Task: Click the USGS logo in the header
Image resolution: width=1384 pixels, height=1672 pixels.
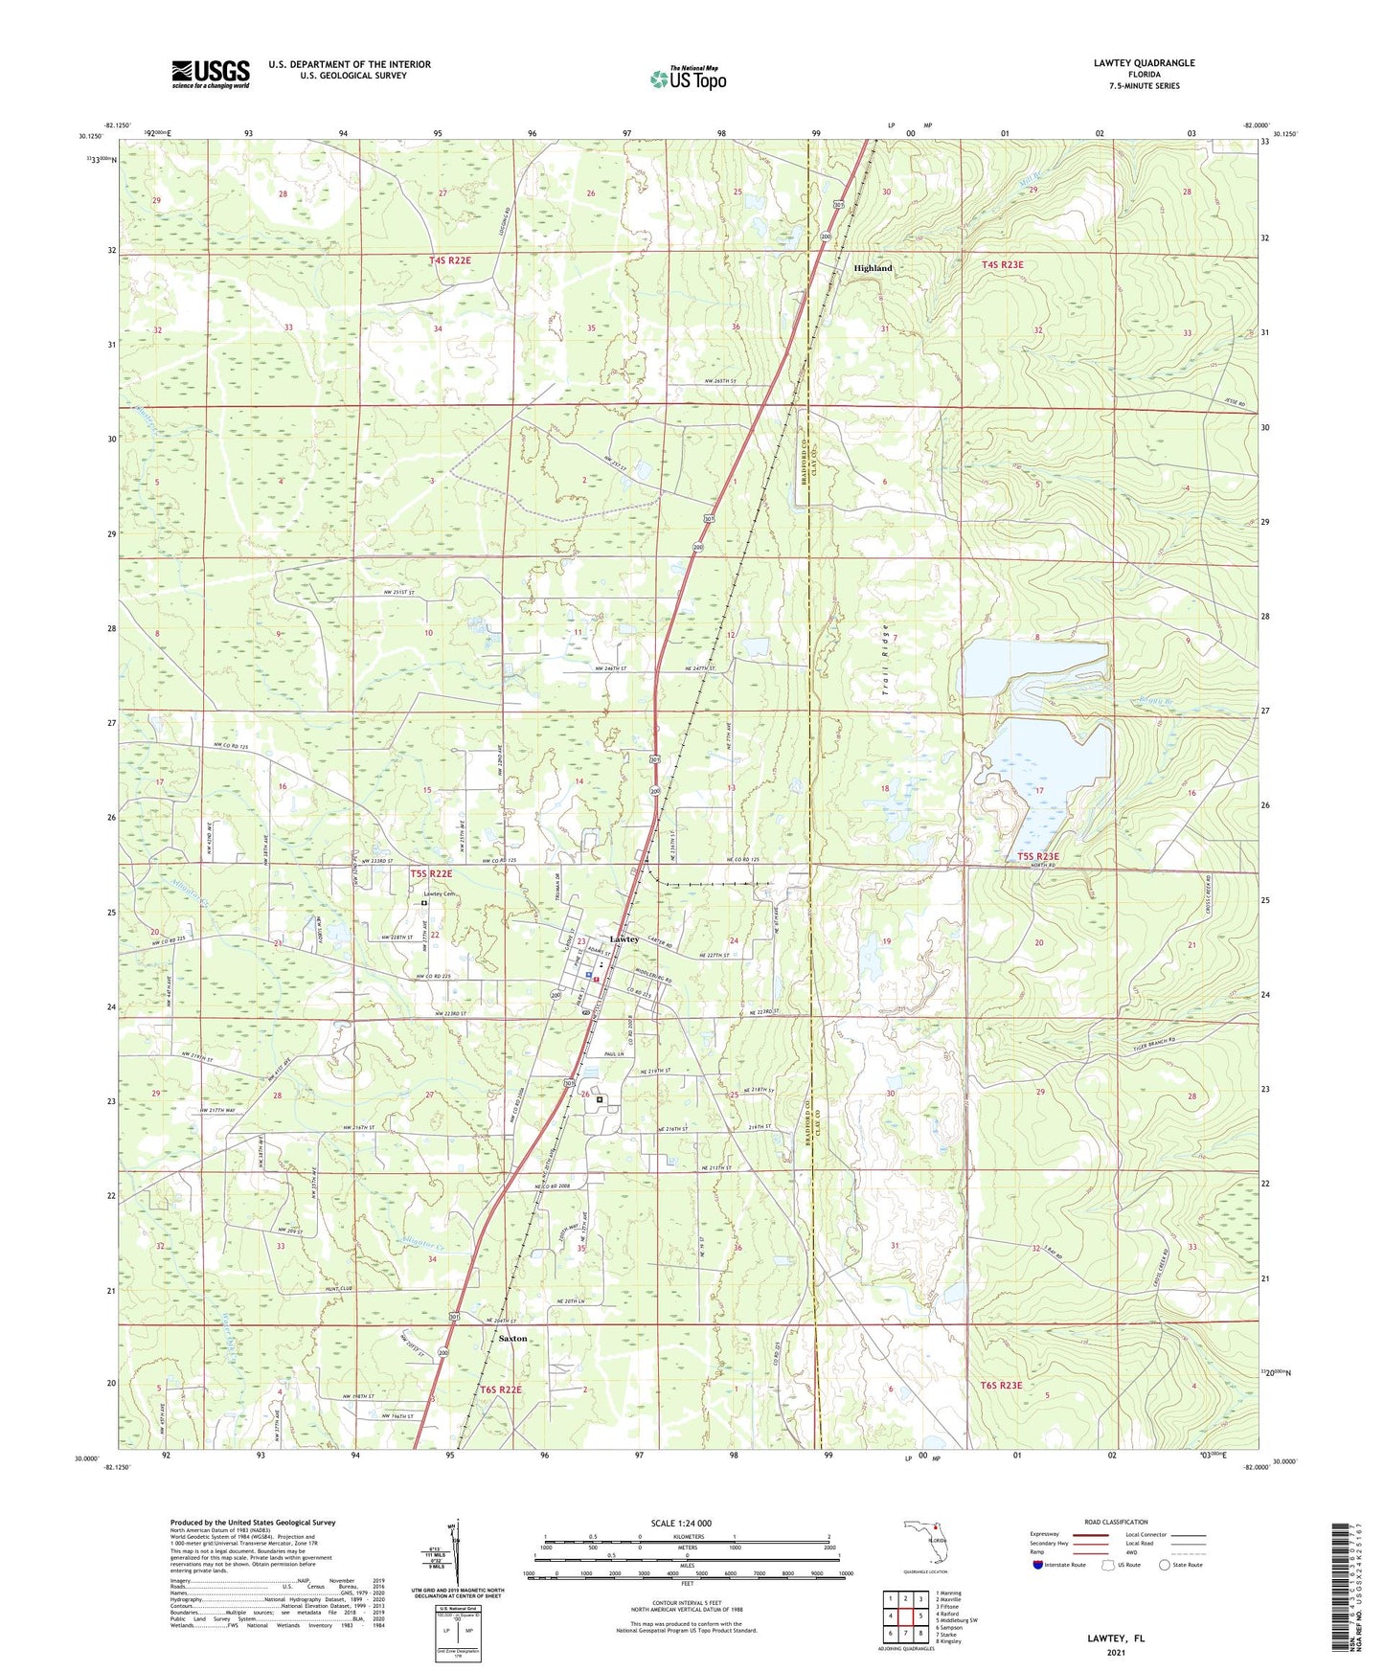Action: pos(210,74)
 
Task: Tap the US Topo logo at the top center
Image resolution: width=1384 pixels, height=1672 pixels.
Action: pos(688,79)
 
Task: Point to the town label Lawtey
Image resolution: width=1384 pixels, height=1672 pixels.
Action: pos(624,939)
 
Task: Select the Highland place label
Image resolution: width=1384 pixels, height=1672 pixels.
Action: pos(873,268)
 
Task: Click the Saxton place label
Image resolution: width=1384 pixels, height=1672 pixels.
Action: pos(512,1338)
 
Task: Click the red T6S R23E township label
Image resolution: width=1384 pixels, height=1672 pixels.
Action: pos(1001,1385)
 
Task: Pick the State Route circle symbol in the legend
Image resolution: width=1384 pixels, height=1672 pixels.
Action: pos(1164,1565)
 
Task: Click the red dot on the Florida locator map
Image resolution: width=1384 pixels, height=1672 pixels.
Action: pos(936,1528)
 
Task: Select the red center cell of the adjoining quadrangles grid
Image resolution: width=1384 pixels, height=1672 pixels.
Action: pos(904,1616)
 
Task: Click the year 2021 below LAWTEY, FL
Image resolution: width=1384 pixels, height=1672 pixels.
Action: pos(1116,1653)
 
